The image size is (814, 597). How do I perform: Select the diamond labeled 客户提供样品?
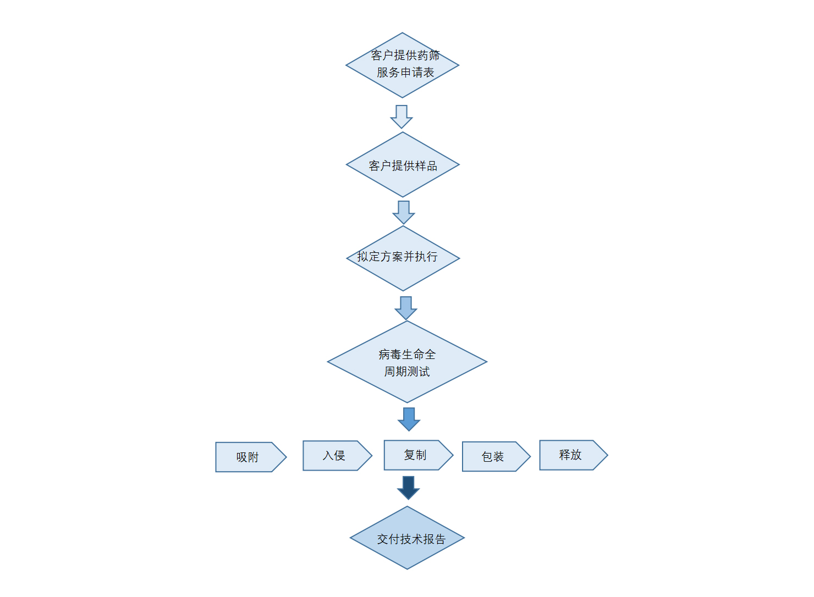[x=403, y=165]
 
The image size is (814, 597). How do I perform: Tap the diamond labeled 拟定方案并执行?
[x=403, y=258]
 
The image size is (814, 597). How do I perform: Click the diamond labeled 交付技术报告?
[x=407, y=538]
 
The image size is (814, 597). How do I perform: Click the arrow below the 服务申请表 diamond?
[x=402, y=116]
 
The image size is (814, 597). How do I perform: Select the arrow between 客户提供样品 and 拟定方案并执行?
[x=404, y=212]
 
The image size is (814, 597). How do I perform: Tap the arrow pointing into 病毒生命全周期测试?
[x=406, y=308]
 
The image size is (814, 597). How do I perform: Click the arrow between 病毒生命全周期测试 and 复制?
[x=409, y=419]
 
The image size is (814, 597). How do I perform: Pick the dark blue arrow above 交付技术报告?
[x=408, y=488]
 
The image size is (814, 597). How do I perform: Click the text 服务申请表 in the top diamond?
[x=405, y=73]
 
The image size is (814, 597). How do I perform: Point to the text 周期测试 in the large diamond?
[x=407, y=372]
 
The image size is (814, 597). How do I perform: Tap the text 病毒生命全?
[x=407, y=355]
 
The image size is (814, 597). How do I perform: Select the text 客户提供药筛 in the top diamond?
[x=405, y=55]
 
